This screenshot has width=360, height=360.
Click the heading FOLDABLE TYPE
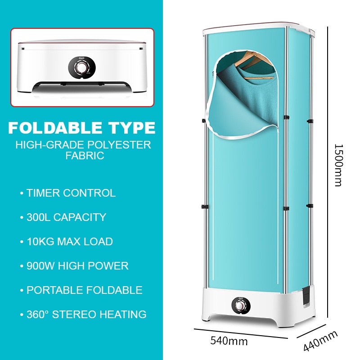(x=82, y=128)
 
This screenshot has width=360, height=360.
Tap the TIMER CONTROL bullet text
(x=71, y=193)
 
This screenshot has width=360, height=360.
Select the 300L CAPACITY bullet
(x=66, y=217)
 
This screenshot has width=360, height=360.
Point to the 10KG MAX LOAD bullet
(x=69, y=242)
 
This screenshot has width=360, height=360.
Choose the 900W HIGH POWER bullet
(x=77, y=266)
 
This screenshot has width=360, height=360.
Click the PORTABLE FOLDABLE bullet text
(x=84, y=290)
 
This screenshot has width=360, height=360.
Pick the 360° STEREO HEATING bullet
(x=86, y=314)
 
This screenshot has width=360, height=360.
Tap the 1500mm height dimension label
(x=338, y=165)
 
